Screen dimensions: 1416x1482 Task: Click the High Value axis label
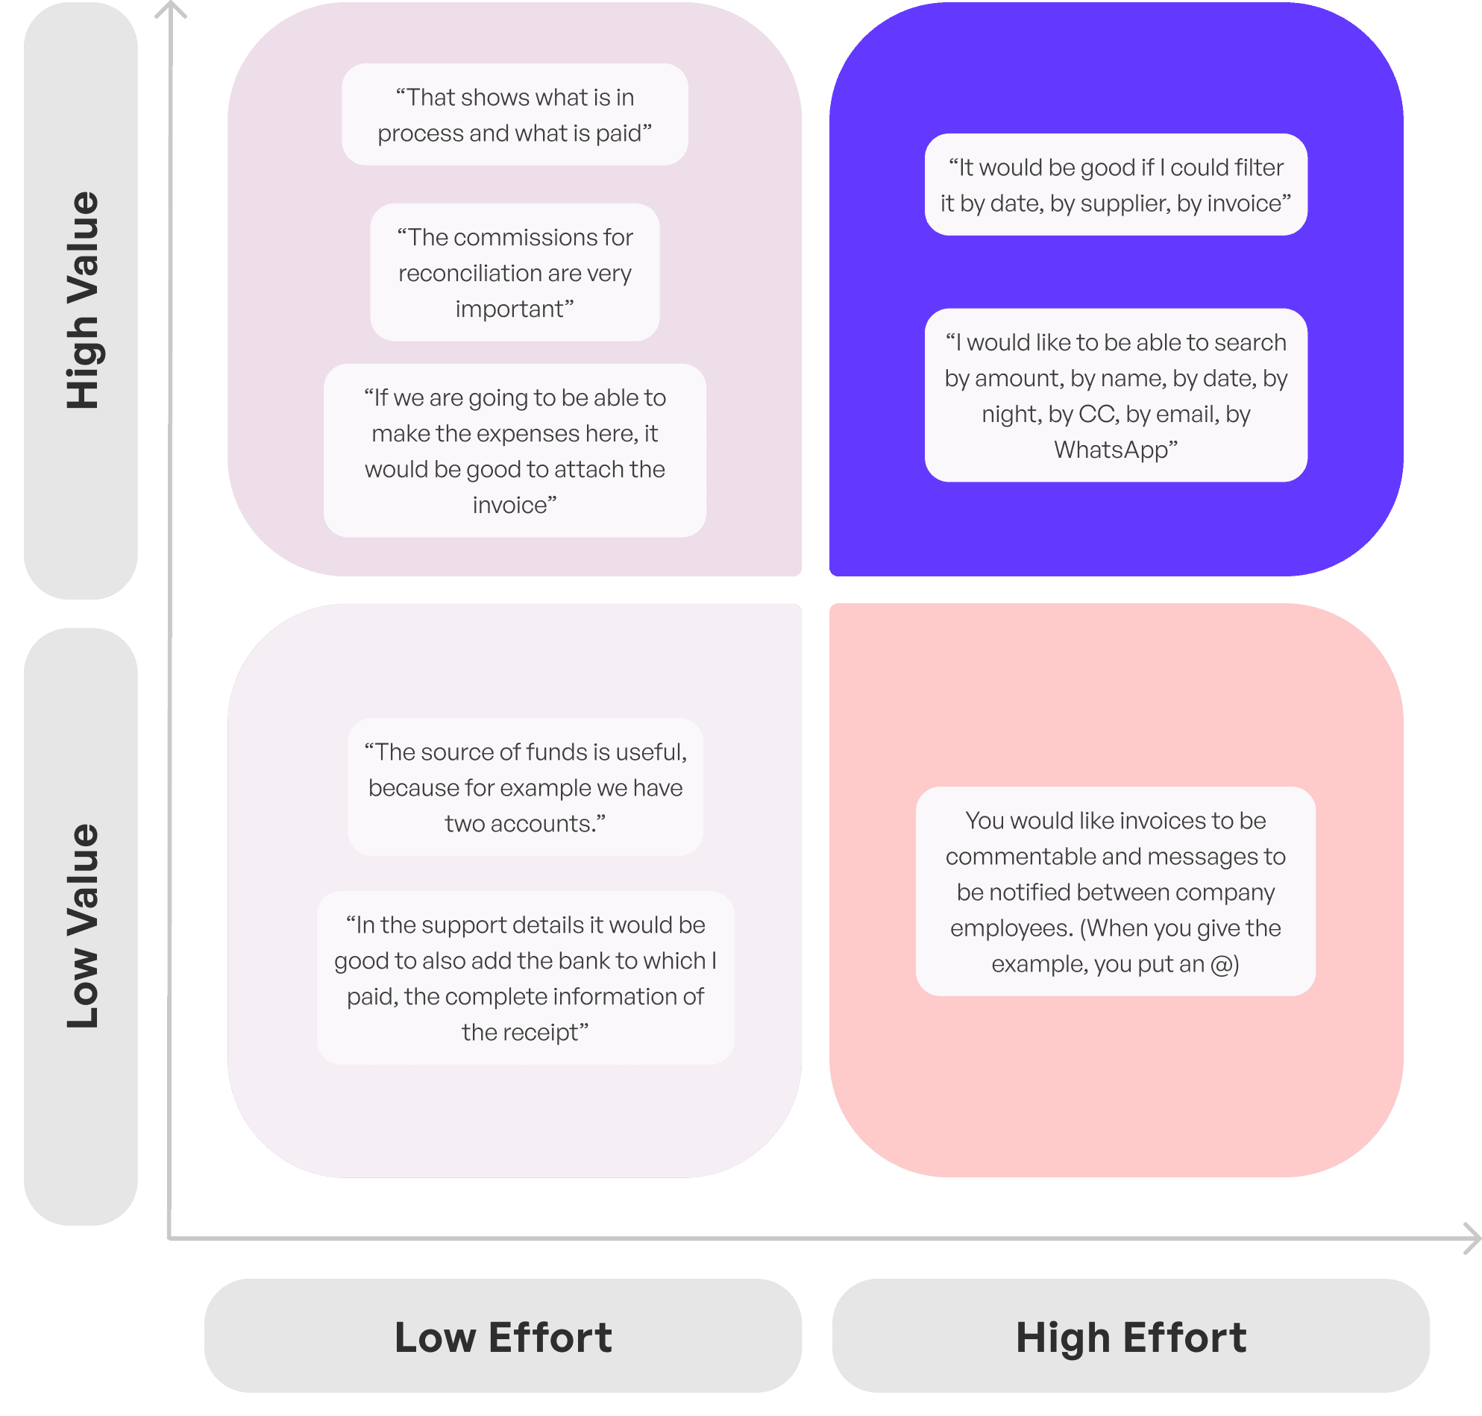click(81, 300)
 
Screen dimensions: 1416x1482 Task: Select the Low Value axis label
click(81, 926)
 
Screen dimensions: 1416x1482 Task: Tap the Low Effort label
click(503, 1338)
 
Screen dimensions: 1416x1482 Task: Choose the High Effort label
click(1130, 1338)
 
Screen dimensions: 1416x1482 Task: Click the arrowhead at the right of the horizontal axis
click(1472, 1239)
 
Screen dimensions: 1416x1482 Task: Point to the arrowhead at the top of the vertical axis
click(172, 9)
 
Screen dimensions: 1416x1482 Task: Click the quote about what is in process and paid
click(514, 115)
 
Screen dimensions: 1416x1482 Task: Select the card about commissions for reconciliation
click(514, 272)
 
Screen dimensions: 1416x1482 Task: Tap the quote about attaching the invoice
click(514, 450)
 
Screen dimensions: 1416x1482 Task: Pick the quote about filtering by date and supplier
click(1115, 185)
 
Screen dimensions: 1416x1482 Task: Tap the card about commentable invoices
click(1115, 891)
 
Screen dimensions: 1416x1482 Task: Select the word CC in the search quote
click(1097, 415)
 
